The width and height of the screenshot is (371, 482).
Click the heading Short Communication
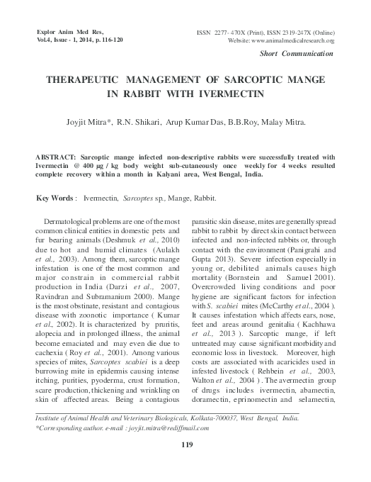[297, 54]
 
